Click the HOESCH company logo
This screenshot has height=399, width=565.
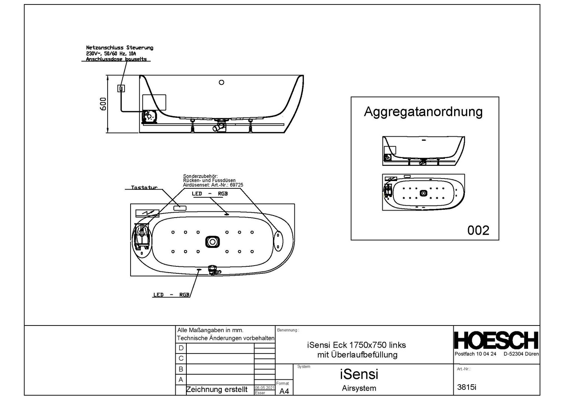496,340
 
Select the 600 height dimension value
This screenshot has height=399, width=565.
104,103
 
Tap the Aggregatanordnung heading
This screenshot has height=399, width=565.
423,112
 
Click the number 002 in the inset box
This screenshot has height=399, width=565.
478,231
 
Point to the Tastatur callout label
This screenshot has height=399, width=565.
144,188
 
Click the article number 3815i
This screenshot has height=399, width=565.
467,387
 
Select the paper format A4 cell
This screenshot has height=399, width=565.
284,391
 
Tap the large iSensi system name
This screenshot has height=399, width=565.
359,374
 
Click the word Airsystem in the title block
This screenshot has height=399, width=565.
359,388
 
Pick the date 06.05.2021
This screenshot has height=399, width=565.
264,388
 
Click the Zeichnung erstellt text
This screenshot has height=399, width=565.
217,389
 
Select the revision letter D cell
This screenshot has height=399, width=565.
181,348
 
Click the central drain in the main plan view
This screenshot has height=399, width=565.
213,242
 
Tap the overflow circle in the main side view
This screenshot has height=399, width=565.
221,82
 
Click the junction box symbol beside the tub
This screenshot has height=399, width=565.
121,88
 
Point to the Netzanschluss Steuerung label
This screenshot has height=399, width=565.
119,48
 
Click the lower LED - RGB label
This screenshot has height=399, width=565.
171,295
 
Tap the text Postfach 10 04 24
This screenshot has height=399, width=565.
475,354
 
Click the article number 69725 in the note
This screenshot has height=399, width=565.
236,185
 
